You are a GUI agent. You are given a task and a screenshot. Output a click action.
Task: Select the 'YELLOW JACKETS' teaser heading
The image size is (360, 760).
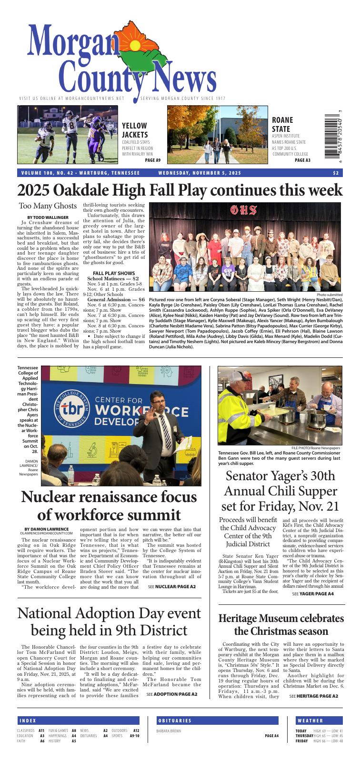pos(135,130)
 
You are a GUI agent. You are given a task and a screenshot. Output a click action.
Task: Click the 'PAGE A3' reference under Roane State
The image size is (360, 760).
pos(302,160)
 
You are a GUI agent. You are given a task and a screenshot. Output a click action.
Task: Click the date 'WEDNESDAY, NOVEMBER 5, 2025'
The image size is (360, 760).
pos(200,173)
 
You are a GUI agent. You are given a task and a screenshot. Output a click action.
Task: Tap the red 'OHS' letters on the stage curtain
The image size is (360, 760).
pos(244,209)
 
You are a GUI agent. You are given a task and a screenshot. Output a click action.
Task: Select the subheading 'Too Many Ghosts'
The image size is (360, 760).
pos(48,206)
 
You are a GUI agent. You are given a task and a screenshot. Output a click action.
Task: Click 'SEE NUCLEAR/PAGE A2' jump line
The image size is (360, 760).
pos(171,587)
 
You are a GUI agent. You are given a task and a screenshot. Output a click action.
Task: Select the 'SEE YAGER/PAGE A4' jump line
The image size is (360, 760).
pos(313,594)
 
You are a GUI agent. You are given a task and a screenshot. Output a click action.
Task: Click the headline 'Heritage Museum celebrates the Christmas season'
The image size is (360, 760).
pos(281,625)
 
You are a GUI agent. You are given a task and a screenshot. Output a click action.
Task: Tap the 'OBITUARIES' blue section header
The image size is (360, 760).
pos(174,721)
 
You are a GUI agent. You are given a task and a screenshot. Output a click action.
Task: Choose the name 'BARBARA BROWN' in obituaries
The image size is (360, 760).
pos(169,730)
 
